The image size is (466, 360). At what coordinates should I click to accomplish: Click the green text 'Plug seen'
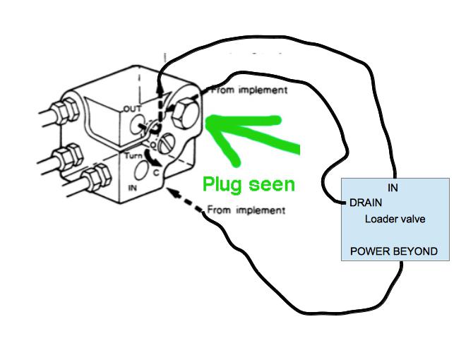[249, 184]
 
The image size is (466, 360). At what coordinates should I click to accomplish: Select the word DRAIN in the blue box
[366, 203]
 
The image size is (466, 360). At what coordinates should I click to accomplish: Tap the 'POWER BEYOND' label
[394, 251]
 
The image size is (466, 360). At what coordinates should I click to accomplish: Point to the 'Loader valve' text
[395, 219]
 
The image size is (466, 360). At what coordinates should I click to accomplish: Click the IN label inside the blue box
[393, 188]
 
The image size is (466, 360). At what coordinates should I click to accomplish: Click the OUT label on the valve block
[133, 109]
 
